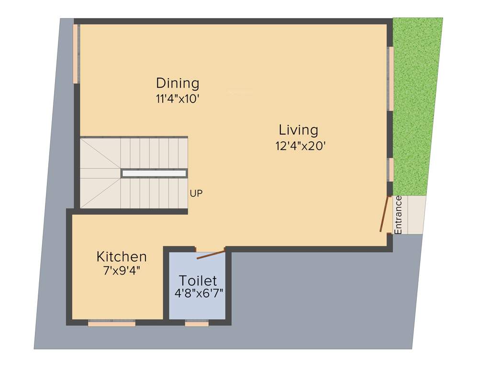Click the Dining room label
coord(178,83)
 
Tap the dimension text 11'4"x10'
coord(178,99)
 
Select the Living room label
coord(299,130)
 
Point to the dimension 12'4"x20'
coord(301,146)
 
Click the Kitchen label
coord(122,256)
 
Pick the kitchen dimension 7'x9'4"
coord(122,271)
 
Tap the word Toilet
coord(198,280)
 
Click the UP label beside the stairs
coord(196,194)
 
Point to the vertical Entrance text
coord(398,215)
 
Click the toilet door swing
coord(211,253)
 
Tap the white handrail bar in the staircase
coord(154,173)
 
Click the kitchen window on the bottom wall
coord(111,324)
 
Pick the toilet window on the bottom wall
coord(197,324)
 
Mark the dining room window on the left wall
coord(76,54)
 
